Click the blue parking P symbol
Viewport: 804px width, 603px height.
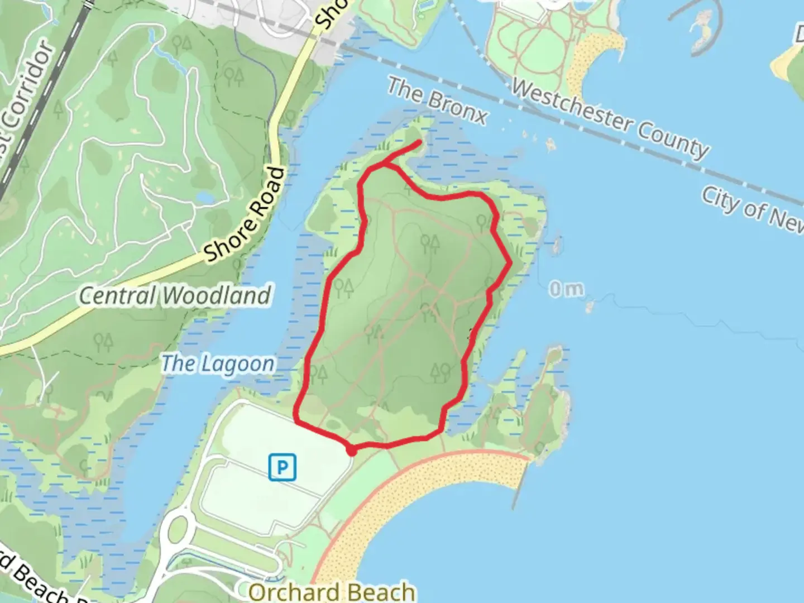coord(282,467)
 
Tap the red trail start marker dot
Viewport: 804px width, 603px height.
coord(351,449)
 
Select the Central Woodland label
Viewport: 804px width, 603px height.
coord(175,296)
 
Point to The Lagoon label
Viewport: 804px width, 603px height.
coord(218,364)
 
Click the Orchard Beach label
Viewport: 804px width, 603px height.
coord(332,592)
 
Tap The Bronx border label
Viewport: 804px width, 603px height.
coord(438,101)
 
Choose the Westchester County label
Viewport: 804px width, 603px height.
coord(610,118)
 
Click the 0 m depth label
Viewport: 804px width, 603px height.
coord(566,289)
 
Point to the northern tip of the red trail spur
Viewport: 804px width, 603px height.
coord(419,143)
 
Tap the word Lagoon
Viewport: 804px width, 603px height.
coord(238,365)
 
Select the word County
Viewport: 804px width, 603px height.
coord(673,137)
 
